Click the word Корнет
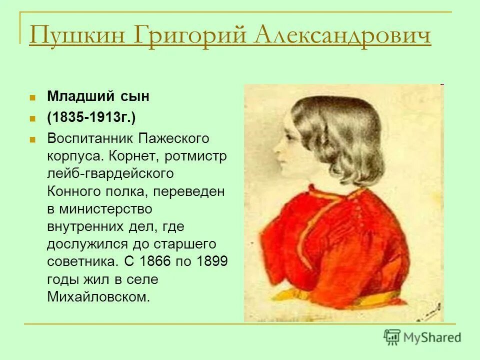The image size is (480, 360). click(x=131, y=156)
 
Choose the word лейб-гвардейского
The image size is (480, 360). click(x=110, y=173)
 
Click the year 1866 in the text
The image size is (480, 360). click(x=155, y=261)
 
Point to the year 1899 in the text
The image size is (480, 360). click(x=211, y=261)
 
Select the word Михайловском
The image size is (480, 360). click(x=98, y=296)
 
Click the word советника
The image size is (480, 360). click(x=82, y=261)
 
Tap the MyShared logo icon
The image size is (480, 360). click(x=392, y=337)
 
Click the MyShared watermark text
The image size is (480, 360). click(x=432, y=337)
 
